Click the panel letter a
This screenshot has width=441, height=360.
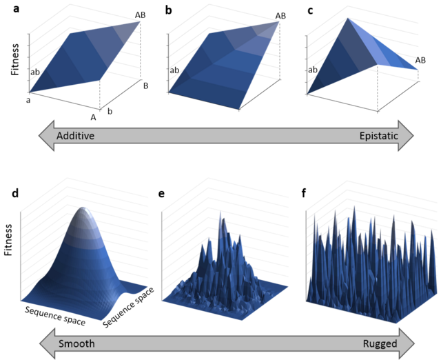17,9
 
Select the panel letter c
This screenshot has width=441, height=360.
310,10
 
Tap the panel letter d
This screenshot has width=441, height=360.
15,193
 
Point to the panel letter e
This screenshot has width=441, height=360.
161,194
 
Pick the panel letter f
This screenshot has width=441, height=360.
303,193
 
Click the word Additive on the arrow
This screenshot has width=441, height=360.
75,136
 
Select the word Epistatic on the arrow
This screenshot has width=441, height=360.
379,136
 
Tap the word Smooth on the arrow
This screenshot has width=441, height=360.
76,343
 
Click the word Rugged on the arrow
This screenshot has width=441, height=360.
380,344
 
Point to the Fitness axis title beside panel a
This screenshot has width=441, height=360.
15,59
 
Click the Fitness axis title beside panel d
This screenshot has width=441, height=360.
8,240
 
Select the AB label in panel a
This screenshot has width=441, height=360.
140,15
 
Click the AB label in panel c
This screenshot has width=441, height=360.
420,60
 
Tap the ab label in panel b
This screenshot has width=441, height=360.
174,70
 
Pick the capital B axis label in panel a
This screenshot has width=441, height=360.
145,86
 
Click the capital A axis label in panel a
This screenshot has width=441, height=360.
93,117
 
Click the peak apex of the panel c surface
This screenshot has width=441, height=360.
348,19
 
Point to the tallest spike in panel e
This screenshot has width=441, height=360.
220,213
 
